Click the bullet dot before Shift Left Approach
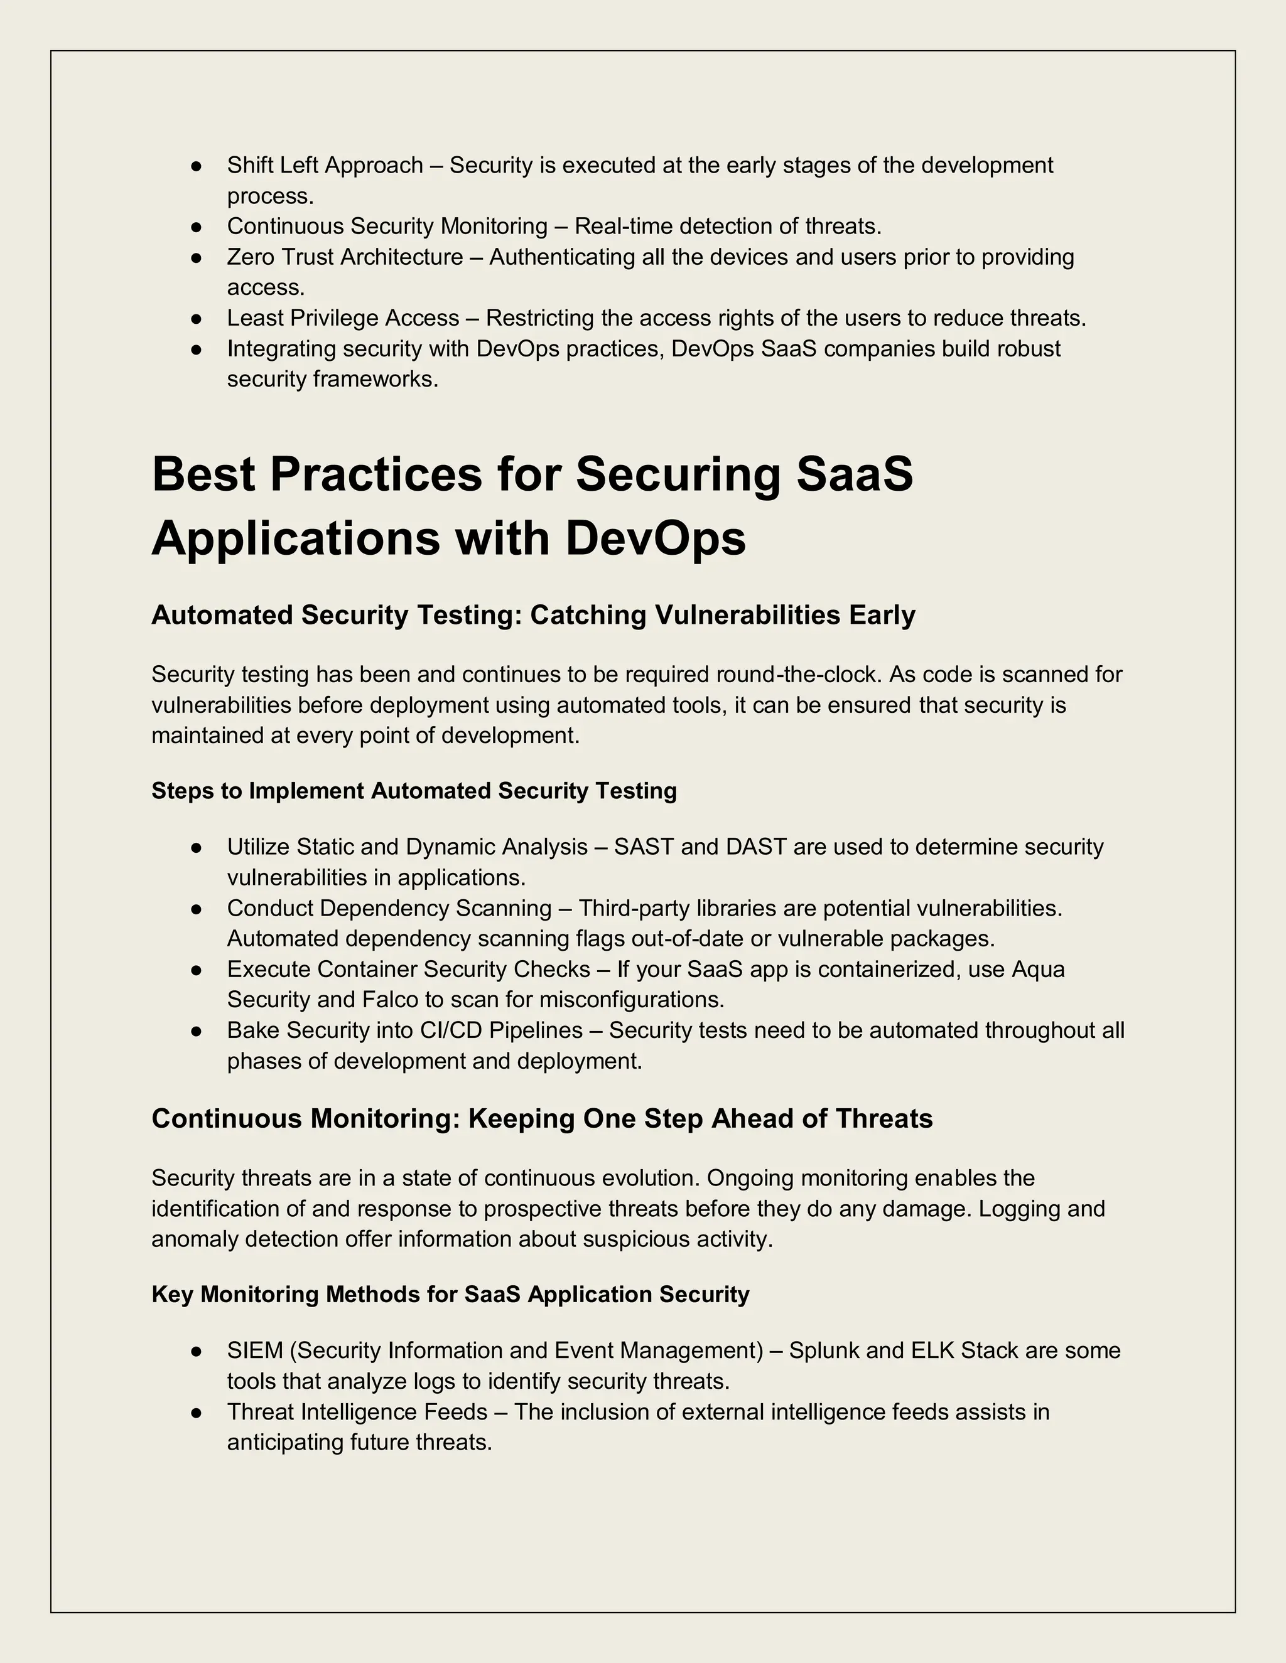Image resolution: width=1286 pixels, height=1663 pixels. point(196,165)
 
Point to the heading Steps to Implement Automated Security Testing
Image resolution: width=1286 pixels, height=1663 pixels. point(414,791)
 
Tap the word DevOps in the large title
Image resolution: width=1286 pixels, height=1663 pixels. point(655,538)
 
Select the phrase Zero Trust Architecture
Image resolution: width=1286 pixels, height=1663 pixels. point(344,257)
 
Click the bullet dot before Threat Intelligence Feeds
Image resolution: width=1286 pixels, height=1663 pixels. point(196,1413)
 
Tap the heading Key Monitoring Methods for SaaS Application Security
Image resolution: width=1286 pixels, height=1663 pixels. point(450,1295)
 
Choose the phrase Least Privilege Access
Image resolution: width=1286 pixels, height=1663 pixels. point(343,318)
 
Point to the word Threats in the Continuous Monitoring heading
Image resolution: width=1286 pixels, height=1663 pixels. point(883,1118)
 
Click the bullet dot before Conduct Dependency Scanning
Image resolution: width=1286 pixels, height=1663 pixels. point(196,909)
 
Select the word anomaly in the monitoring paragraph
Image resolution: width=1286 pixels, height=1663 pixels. point(195,1239)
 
